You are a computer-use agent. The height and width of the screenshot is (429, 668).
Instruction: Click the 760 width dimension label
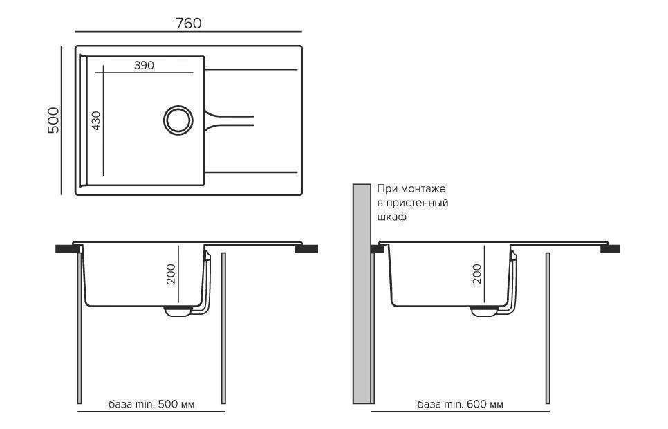coord(188,23)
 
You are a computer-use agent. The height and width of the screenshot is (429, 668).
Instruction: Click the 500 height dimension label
coord(54,120)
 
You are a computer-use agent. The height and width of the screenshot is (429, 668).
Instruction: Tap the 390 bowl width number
coord(144,65)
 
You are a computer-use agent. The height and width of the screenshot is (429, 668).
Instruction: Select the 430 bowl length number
coord(96,120)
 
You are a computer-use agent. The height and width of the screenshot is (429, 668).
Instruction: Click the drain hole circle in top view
coord(178,120)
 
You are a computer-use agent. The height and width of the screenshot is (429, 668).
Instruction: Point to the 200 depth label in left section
coord(171,274)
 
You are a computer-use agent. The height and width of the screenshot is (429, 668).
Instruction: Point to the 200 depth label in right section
coord(477,274)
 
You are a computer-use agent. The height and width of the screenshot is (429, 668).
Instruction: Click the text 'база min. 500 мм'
coord(151,404)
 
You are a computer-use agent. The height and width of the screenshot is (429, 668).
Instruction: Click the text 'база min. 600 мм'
coord(460,404)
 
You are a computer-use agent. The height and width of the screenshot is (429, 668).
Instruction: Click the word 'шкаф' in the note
coord(391,217)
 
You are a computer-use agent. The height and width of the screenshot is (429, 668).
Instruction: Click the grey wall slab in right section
coord(362,294)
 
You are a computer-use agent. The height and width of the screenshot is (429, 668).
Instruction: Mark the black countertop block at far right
coord(610,249)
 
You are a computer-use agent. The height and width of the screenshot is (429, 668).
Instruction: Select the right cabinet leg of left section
coord(223,329)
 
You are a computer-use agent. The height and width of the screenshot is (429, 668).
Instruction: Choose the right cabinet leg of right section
coord(548,329)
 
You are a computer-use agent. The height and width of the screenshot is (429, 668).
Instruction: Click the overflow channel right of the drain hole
coord(229,120)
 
